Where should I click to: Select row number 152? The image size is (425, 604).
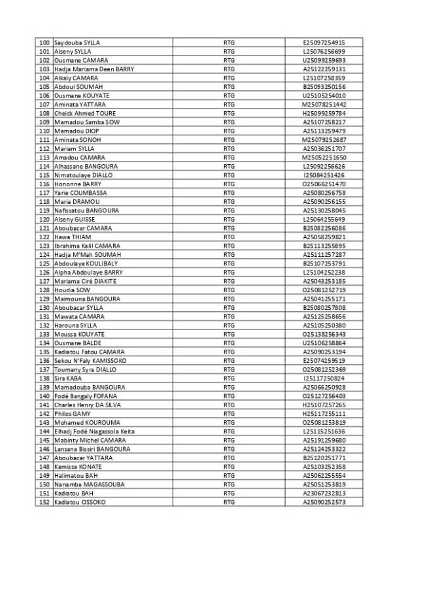click(x=44, y=502)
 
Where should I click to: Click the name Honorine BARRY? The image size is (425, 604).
click(x=73, y=184)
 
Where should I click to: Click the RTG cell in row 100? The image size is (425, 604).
click(x=229, y=42)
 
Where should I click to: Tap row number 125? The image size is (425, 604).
click(x=44, y=263)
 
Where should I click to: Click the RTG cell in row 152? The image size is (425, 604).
click(x=229, y=502)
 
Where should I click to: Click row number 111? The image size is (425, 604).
click(x=44, y=140)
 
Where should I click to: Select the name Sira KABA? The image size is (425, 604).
click(x=67, y=378)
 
